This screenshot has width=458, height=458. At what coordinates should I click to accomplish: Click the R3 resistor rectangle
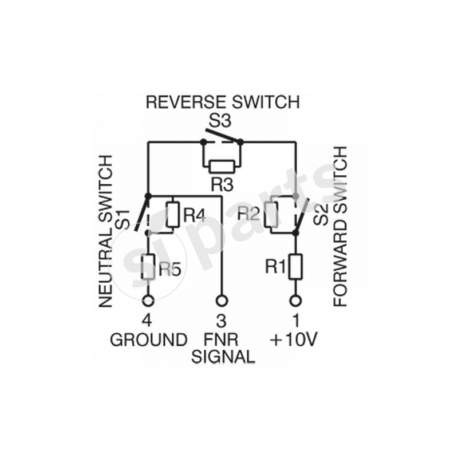pyautogui.click(x=222, y=167)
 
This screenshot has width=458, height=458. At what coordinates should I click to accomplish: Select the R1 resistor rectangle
pyautogui.click(x=295, y=266)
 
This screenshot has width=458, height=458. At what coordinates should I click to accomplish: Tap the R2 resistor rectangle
pyautogui.click(x=271, y=214)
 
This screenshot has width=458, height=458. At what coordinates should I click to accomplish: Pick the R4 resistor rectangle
pyautogui.click(x=172, y=215)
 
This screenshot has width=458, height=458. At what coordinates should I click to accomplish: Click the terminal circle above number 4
pyautogui.click(x=148, y=300)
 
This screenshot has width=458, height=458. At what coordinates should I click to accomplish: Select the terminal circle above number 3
pyautogui.click(x=222, y=300)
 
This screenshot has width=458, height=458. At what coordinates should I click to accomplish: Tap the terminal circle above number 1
pyautogui.click(x=295, y=300)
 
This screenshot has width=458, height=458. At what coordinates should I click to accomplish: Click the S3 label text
pyautogui.click(x=222, y=121)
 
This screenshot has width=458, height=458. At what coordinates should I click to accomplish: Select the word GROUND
pyautogui.click(x=148, y=339)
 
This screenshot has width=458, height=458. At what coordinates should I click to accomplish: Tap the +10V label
pyautogui.click(x=293, y=339)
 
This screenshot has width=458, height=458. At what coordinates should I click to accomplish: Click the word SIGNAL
pyautogui.click(x=223, y=357)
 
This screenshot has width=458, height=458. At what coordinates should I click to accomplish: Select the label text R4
pyautogui.click(x=194, y=215)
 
